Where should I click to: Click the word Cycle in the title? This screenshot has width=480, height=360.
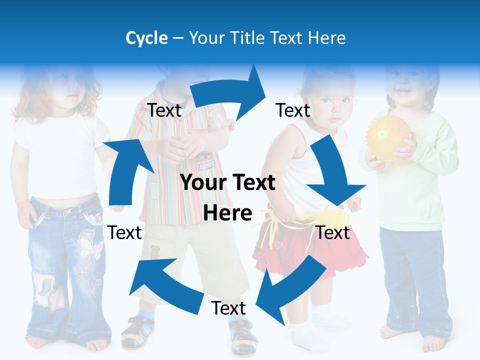tap(146, 38)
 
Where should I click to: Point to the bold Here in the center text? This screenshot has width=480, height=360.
tap(227, 213)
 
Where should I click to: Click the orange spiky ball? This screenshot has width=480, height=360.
tap(388, 135)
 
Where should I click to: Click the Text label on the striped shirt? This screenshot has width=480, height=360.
tap(164, 110)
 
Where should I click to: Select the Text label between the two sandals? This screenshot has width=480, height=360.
tap(228, 308)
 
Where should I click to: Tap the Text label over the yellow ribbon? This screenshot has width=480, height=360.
tap(333, 232)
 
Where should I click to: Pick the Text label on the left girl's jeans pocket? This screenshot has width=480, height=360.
tap(125, 232)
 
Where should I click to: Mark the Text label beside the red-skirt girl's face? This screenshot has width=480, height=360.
tap(293, 110)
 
